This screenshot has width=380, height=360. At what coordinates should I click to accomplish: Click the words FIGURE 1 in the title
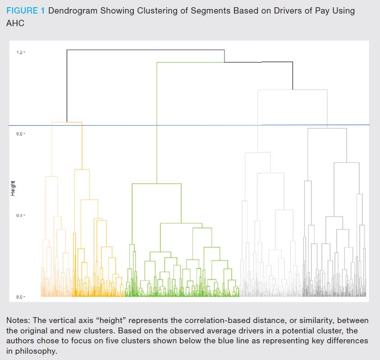pos(25,11)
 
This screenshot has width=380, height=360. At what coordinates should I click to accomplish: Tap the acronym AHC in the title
pos(15,23)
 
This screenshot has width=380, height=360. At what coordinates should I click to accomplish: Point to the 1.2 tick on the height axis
pos(20,52)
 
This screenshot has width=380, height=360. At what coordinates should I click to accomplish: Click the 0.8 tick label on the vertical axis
pos(20,134)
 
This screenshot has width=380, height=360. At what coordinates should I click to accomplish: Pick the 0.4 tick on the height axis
pos(20,215)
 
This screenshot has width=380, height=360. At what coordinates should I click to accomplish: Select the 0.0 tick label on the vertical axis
pos(20,297)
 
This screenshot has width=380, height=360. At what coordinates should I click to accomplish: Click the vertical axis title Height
pos(13,188)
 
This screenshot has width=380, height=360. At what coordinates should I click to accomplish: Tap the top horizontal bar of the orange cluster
pos(67,122)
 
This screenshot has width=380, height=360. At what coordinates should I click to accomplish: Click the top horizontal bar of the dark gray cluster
pos(327,129)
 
